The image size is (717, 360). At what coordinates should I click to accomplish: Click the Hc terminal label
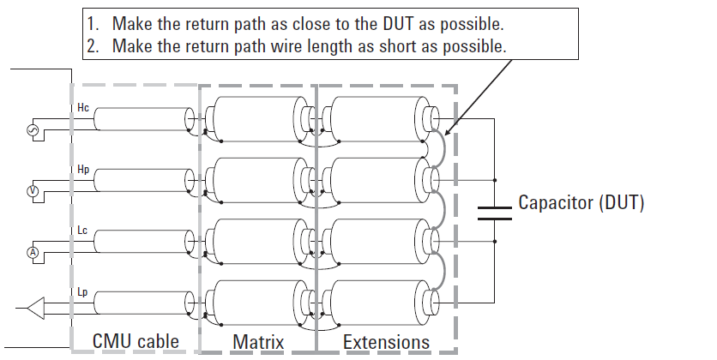pyautogui.click(x=83, y=108)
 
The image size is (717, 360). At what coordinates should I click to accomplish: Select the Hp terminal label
pyautogui.click(x=83, y=170)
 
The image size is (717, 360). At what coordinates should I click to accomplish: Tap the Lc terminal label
pyautogui.click(x=82, y=231)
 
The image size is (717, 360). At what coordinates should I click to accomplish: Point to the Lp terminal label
pyautogui.click(x=82, y=292)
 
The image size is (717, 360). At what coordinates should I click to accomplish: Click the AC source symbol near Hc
pyautogui.click(x=33, y=129)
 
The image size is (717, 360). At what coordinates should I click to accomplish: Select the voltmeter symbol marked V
pyautogui.click(x=33, y=191)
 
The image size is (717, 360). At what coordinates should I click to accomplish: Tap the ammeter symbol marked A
pyautogui.click(x=33, y=252)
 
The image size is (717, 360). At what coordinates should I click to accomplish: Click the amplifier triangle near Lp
pyautogui.click(x=36, y=308)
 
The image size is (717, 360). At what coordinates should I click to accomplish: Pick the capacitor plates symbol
pyautogui.click(x=494, y=213)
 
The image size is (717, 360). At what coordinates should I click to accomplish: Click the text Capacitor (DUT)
pyautogui.click(x=581, y=202)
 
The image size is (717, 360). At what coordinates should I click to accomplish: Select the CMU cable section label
pyautogui.click(x=136, y=341)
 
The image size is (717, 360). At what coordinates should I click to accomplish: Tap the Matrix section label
pyautogui.click(x=258, y=342)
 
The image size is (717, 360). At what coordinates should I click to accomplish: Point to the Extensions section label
pyautogui.click(x=387, y=342)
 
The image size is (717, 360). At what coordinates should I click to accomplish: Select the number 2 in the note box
pyautogui.click(x=93, y=45)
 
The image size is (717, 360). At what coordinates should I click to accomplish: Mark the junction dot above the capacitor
pyautogui.click(x=494, y=180)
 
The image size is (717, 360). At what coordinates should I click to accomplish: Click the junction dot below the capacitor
pyautogui.click(x=494, y=241)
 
